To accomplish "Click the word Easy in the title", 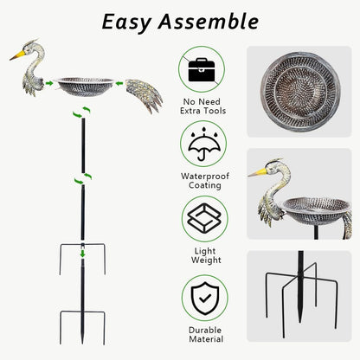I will point(130,21).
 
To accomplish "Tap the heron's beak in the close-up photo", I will point(258,174).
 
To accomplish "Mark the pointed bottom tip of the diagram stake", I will point(82,347).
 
